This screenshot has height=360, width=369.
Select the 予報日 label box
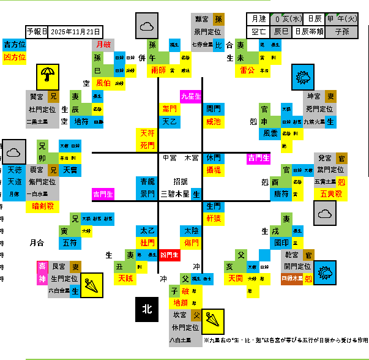coord(37,31)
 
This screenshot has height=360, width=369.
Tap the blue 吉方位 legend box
coord(15,45)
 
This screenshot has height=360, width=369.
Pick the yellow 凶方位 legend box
coord(15,57)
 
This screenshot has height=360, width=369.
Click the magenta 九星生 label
coord(191,96)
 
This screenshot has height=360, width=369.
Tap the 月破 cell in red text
coord(103,45)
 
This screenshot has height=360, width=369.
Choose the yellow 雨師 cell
coord(158,70)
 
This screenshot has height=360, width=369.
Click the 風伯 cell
coord(103,83)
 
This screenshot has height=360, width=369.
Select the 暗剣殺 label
coord(43,206)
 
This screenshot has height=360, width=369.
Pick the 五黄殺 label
coord(331,194)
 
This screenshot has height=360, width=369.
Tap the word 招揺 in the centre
coord(180,182)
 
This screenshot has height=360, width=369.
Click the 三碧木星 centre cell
coord(175,194)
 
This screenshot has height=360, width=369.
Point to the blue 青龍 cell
coord(147,182)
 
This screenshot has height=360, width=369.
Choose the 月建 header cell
coord(256,19)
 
